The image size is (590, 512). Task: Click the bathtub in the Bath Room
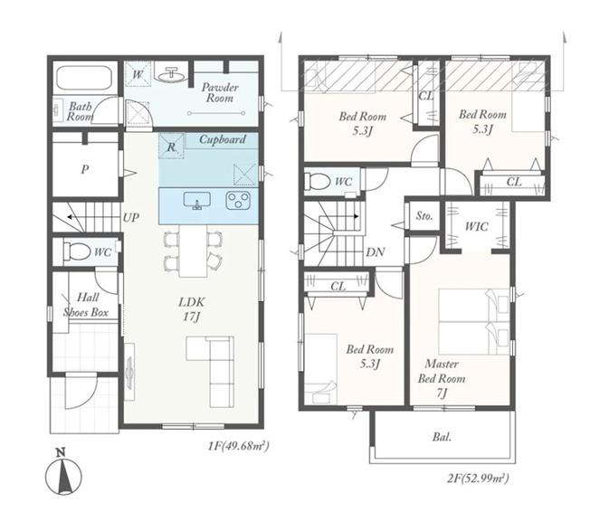[86, 79]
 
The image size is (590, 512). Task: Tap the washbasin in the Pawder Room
[172, 74]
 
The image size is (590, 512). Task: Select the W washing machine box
[138, 74]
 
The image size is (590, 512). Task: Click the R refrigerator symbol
[171, 147]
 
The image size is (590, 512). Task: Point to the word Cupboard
[223, 139]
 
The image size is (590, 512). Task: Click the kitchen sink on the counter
[196, 200]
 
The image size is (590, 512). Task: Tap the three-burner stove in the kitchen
[238, 200]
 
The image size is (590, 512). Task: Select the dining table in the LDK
[193, 251]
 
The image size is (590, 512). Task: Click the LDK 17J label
[192, 309]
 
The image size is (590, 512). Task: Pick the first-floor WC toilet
[77, 251]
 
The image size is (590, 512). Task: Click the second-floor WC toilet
[318, 181]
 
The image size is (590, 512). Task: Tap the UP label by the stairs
[131, 217]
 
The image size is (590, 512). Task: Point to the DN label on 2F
[375, 252]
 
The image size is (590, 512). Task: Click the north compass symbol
[63, 472]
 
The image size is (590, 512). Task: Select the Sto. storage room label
[424, 216]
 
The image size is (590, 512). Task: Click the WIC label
[476, 226]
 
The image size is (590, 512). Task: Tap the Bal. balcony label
[442, 437]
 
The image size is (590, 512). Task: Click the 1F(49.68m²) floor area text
[239, 446]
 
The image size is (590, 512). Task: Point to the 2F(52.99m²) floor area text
[478, 479]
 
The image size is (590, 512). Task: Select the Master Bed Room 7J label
[442, 378]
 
